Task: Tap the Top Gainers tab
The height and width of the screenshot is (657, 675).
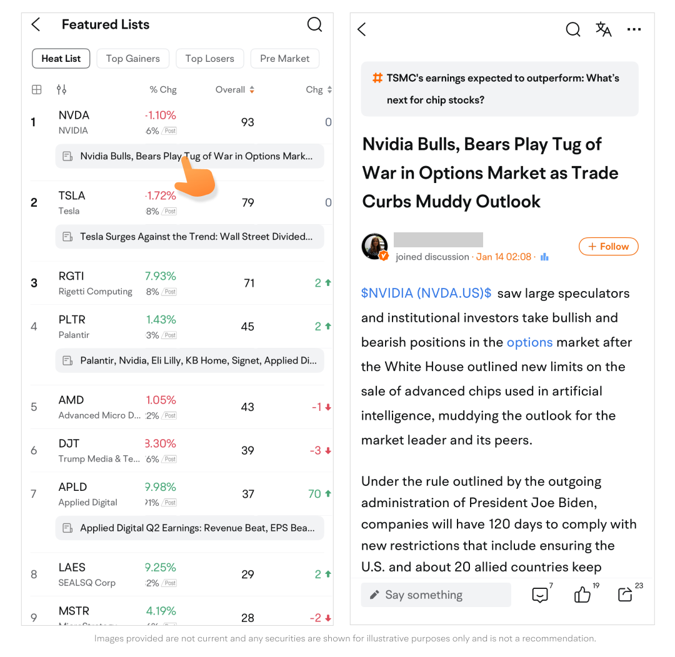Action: [132, 59]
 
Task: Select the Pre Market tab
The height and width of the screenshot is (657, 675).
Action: [284, 59]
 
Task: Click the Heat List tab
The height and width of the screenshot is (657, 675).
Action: [61, 59]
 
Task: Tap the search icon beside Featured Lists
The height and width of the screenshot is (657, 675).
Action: [315, 25]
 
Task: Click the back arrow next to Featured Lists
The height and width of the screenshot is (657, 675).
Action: [36, 25]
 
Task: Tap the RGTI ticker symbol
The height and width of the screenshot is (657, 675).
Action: [71, 276]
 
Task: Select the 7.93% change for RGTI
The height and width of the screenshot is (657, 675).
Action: [161, 276]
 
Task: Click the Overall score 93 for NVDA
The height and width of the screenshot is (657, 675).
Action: [247, 122]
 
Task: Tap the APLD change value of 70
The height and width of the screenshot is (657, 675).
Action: [315, 494]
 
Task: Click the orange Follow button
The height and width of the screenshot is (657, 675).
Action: [608, 247]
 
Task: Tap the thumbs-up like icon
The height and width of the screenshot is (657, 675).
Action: [582, 595]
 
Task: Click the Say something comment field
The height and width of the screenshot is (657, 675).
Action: [436, 595]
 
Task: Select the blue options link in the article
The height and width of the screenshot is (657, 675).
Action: [529, 342]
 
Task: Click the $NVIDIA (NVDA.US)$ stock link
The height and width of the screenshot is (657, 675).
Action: [426, 294]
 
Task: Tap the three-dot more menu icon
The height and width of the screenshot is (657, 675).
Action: [634, 29]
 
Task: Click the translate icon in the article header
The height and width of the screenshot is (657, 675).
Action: [603, 29]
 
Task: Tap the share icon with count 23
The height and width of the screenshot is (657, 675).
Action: [624, 595]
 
